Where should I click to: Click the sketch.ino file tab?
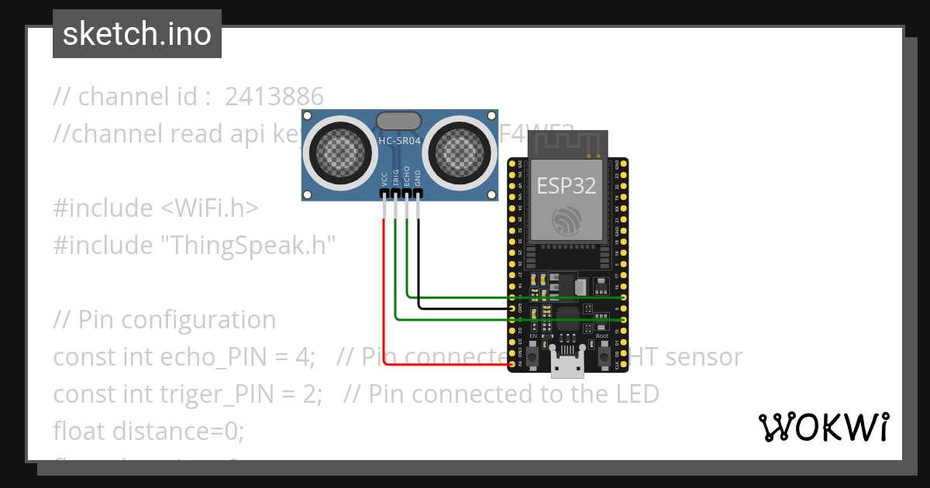[x=137, y=34]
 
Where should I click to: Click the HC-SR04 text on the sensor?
[x=398, y=141]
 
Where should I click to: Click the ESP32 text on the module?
[x=567, y=187]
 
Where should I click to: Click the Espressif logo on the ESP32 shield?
[x=567, y=222]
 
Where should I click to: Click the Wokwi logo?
[x=823, y=428]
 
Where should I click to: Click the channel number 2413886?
[x=274, y=97]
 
